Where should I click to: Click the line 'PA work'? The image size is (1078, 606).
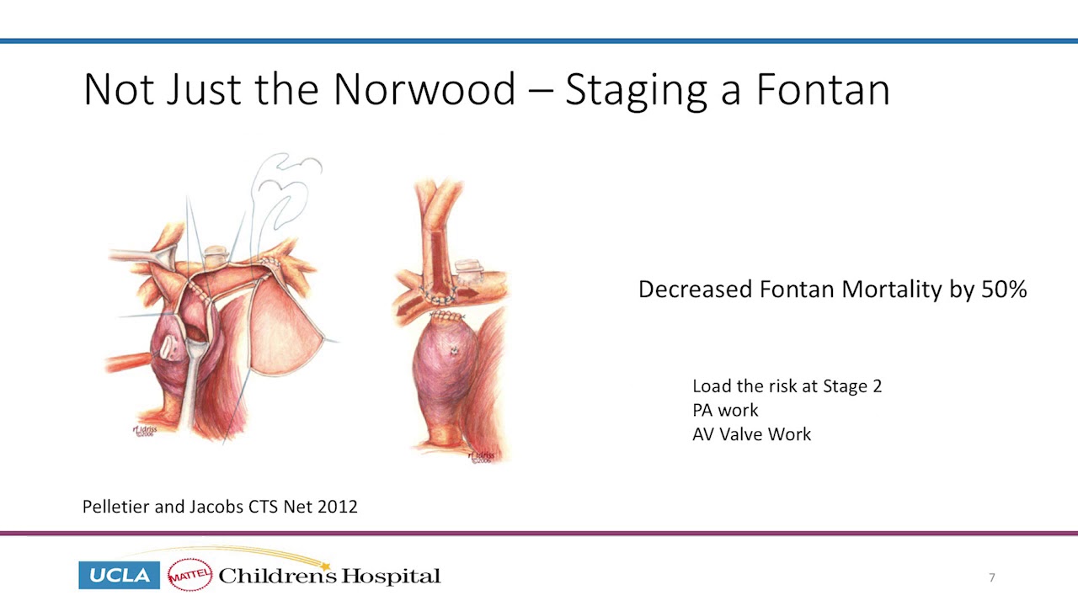click(x=725, y=410)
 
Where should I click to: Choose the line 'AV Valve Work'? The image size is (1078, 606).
click(x=751, y=434)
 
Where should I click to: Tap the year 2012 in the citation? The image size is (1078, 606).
click(x=337, y=507)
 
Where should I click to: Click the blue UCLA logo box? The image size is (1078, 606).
click(x=119, y=576)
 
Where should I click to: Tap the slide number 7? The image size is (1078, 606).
click(x=992, y=577)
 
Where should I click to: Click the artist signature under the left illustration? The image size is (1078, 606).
click(x=144, y=430)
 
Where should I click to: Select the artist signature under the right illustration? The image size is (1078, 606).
click(x=481, y=457)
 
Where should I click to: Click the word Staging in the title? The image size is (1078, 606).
click(x=637, y=89)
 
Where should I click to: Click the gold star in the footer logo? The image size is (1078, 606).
click(x=325, y=566)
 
